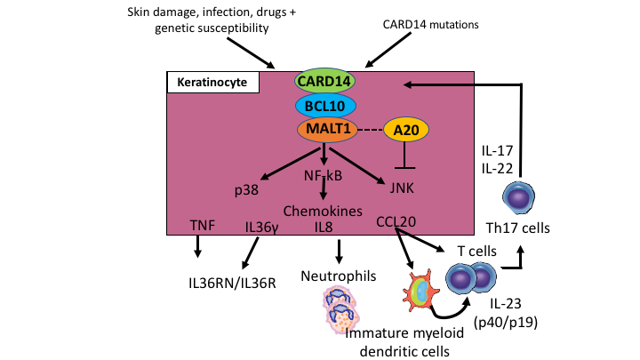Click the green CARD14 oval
coord(324,82)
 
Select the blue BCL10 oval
coord(325,106)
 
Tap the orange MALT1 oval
coord(325,130)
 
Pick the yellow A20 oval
coord(406,130)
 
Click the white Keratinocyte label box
coord(212,83)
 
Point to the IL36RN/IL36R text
coord(231,284)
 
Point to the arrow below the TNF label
coord(198,251)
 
